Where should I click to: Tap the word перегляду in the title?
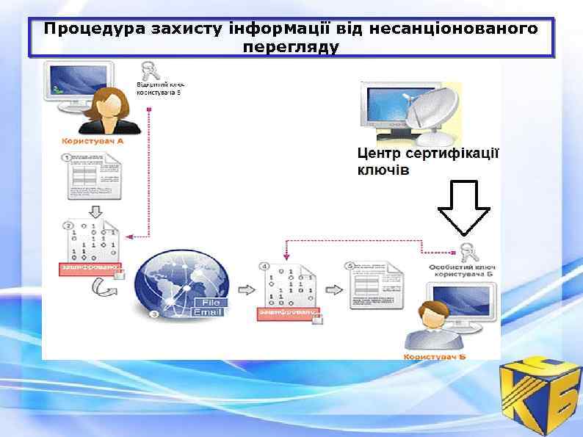pos(291,47)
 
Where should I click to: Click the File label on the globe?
pos(211,302)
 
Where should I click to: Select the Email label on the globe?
pos(209,313)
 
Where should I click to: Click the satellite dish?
pos(430,115)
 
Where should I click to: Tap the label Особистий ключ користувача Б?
pos(462,268)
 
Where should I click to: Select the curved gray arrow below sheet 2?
pos(102,288)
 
